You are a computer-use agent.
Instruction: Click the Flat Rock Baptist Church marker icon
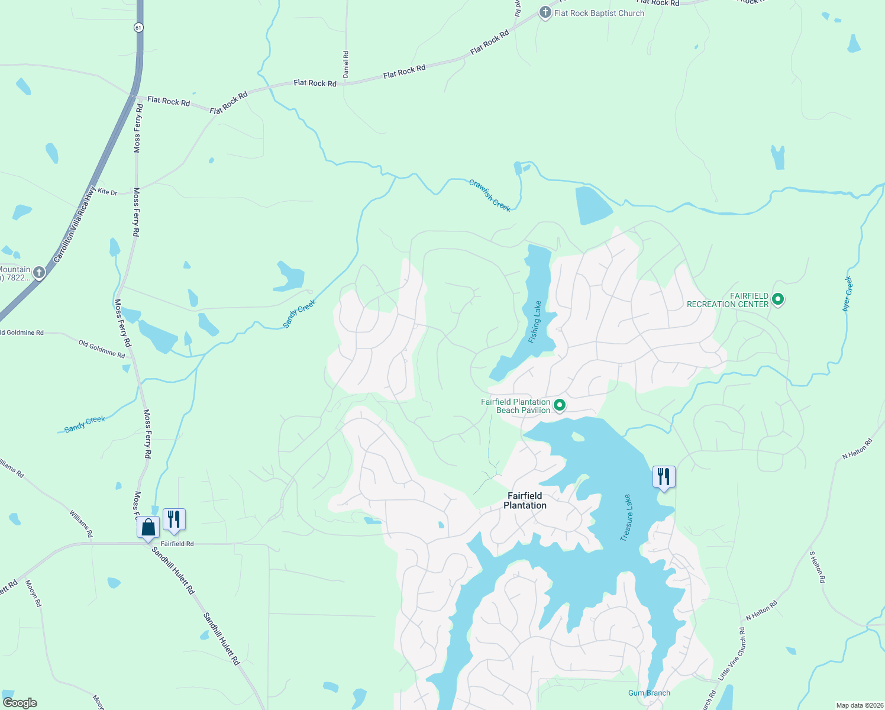coord(545,12)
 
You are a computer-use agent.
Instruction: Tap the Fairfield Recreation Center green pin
coord(778,299)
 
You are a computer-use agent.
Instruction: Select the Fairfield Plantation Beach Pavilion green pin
coord(559,405)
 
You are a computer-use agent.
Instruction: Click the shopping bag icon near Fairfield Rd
coord(148,527)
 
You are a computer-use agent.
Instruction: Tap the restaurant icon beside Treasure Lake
coord(664,477)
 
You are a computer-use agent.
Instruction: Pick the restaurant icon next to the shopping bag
coord(174,519)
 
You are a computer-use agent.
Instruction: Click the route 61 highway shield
coord(138,27)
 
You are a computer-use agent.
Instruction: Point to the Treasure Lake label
coord(626,518)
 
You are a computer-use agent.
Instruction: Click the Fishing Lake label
coord(535,322)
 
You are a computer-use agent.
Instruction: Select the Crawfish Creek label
coord(490,195)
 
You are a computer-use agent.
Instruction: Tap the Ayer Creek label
coord(848,293)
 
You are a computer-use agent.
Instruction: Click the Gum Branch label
coord(649,693)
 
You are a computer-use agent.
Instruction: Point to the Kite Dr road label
coord(108,192)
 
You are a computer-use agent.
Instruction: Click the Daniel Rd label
coord(346,64)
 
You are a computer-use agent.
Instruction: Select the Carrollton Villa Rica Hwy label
coord(74,225)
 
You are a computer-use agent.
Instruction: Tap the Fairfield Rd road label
coord(177,544)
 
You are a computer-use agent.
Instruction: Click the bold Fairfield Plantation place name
coord(525,501)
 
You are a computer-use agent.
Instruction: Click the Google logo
coord(20,703)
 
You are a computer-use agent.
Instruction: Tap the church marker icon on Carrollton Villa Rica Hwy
coord(39,273)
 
